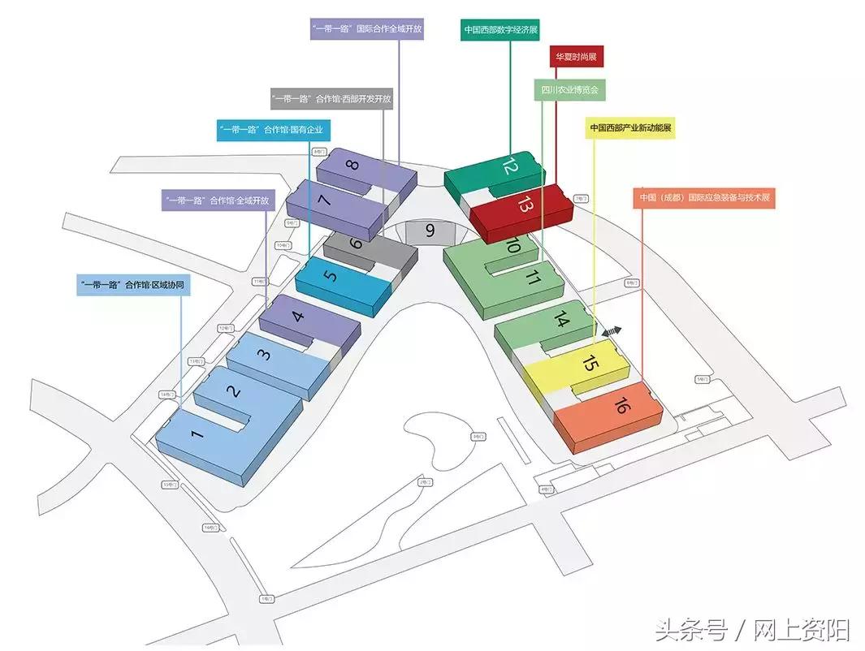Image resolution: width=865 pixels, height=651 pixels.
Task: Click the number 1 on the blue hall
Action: click(x=197, y=434)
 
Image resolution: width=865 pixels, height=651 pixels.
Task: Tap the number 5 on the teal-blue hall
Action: click(x=330, y=276)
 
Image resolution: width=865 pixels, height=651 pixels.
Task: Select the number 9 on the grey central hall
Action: click(x=430, y=231)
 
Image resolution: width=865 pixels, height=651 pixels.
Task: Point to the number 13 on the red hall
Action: click(x=524, y=205)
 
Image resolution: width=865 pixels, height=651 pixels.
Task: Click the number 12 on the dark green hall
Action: click(x=509, y=167)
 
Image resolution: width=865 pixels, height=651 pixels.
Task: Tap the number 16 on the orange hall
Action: click(x=621, y=406)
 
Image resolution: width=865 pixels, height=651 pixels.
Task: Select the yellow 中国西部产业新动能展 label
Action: click(x=630, y=127)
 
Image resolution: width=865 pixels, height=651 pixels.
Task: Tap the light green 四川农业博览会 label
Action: click(x=569, y=91)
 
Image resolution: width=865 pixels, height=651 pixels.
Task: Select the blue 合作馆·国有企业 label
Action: click(x=274, y=131)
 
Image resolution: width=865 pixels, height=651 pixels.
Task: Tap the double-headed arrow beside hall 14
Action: click(x=611, y=331)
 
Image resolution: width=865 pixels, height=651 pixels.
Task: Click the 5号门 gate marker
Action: click(x=704, y=379)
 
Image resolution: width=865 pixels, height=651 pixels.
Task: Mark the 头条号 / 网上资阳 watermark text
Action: click(x=752, y=628)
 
